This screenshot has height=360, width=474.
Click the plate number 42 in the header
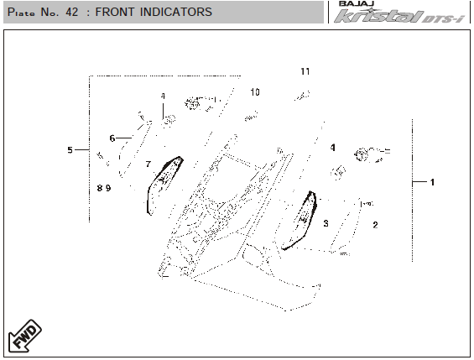[71, 12]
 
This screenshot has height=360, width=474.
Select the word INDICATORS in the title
[176, 12]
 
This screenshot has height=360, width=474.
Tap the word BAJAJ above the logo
[357, 3]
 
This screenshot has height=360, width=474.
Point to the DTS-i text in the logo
[442, 18]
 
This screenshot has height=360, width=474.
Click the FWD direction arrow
[25, 337]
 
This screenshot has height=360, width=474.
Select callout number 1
[432, 182]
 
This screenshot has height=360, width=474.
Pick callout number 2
[375, 225]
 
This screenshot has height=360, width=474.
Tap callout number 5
[70, 150]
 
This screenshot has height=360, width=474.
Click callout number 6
[112, 138]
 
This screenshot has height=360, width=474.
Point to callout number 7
[148, 164]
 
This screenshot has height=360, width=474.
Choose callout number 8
[100, 188]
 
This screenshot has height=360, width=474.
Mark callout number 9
[108, 188]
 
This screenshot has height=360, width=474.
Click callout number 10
[255, 92]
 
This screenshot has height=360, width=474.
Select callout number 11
[305, 71]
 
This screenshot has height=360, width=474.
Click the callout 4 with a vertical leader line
[163, 97]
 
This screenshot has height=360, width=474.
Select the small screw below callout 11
[302, 96]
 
